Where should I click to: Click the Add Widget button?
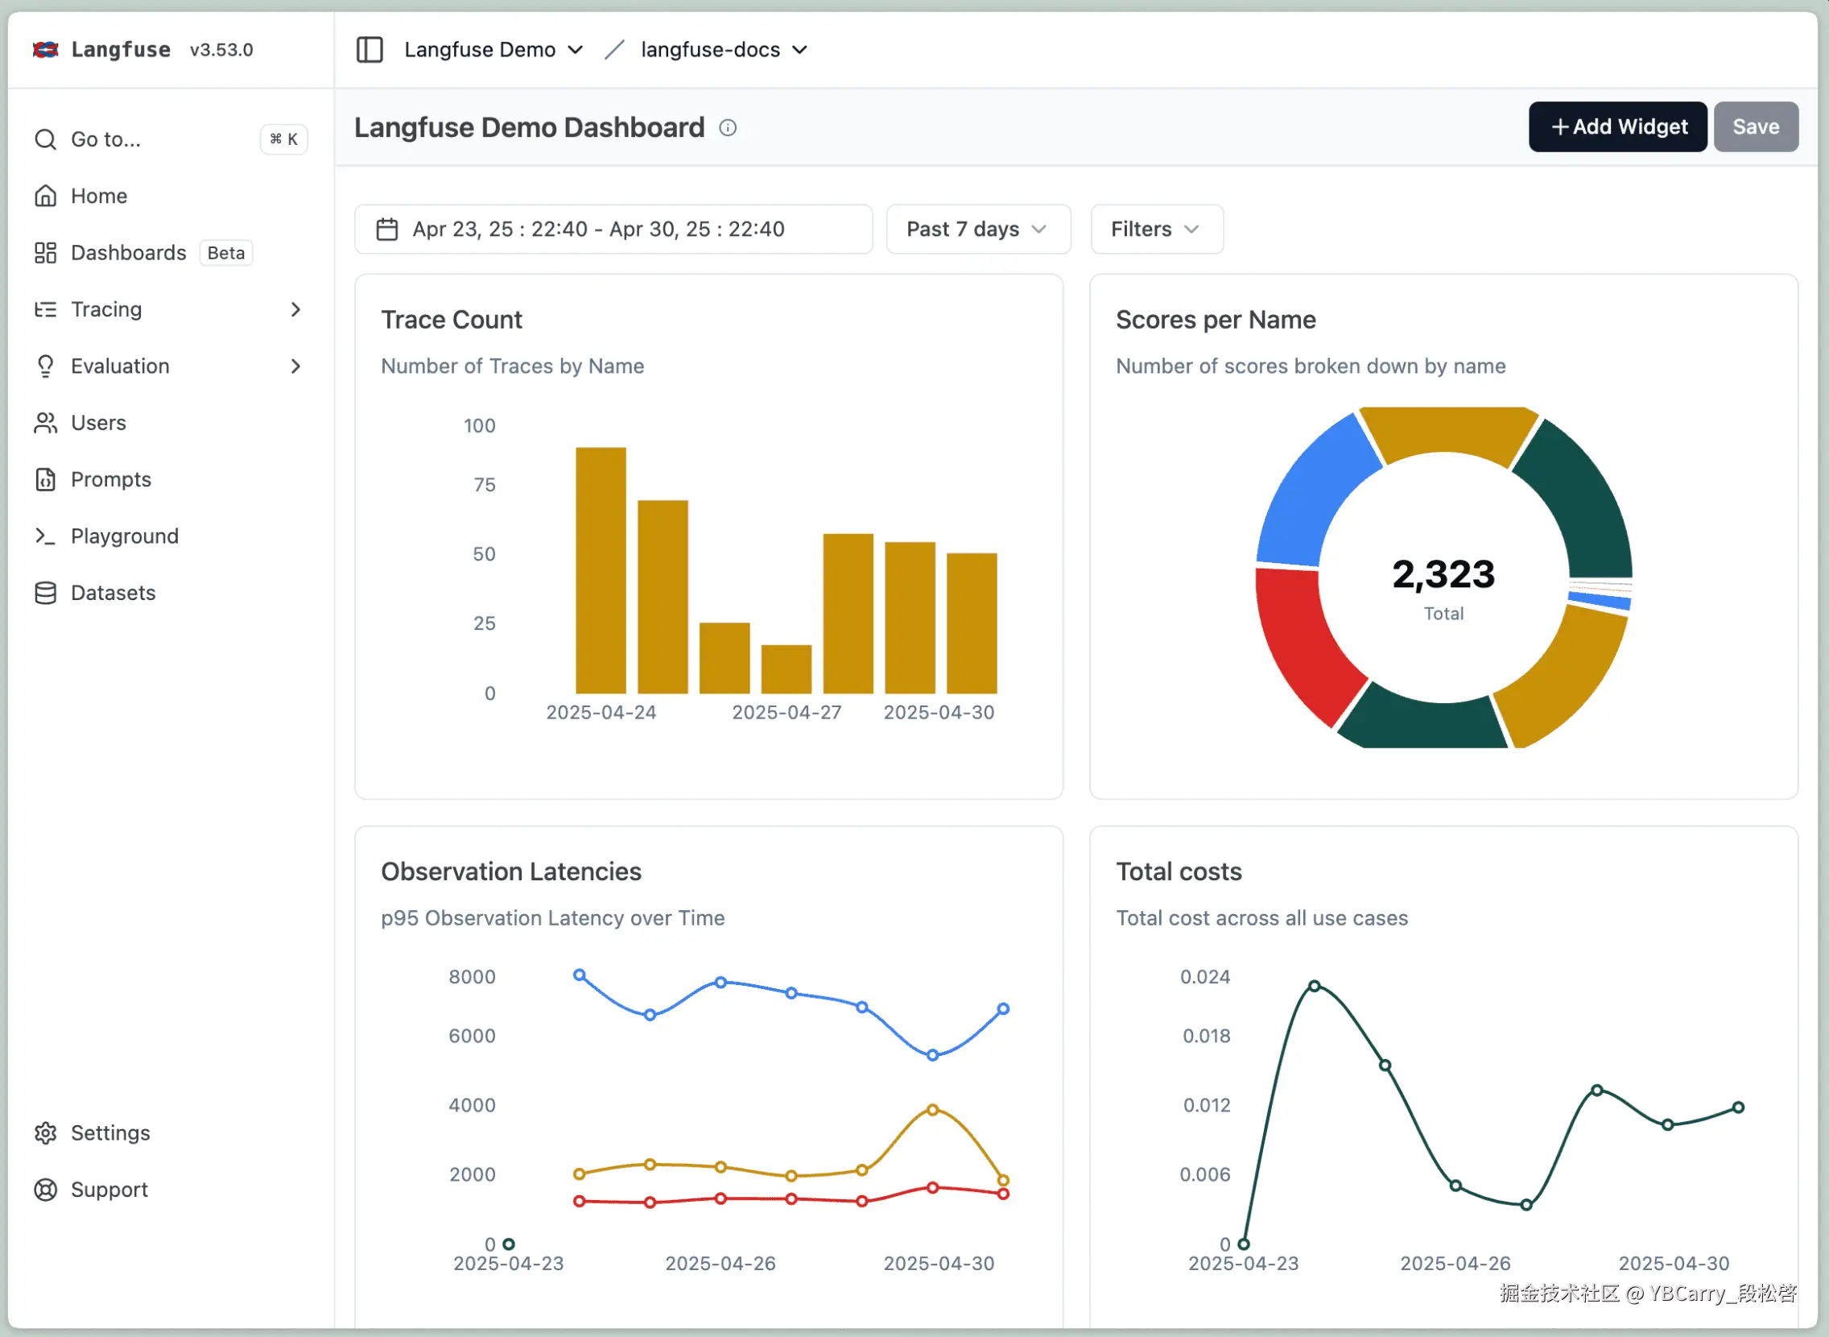point(1617,127)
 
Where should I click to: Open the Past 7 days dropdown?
point(977,230)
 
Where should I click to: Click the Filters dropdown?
point(1155,230)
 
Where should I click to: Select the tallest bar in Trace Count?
point(601,570)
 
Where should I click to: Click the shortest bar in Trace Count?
point(786,669)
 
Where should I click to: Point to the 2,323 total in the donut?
point(1443,574)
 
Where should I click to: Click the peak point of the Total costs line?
point(1315,987)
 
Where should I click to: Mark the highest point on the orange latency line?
point(933,1111)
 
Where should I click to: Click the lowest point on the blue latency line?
point(933,1056)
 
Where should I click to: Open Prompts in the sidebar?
point(111,480)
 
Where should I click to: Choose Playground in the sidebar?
point(124,536)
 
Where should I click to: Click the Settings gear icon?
point(46,1134)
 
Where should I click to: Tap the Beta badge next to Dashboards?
point(225,254)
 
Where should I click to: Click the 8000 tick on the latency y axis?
point(472,978)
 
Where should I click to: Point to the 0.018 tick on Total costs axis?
point(1206,1037)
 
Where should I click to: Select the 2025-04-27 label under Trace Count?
point(787,713)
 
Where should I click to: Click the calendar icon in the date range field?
point(387,230)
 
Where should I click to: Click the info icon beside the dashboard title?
point(728,128)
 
